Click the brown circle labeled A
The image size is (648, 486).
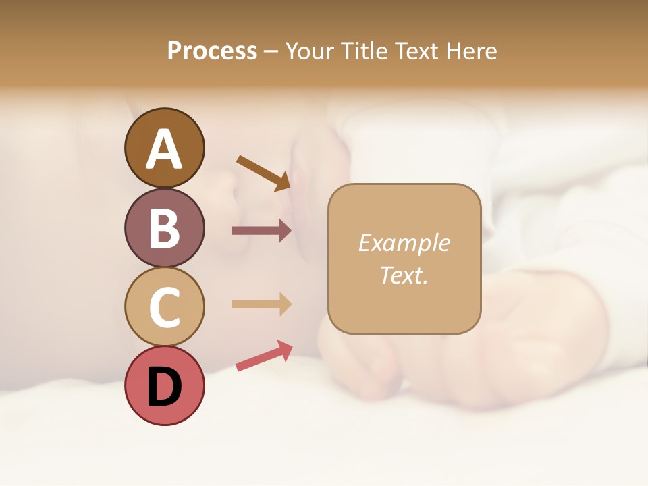tap(164, 148)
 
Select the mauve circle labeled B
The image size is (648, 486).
tap(164, 227)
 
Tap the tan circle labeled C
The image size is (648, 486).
tap(164, 306)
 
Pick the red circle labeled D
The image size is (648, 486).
tap(164, 386)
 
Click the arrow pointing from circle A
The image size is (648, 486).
tap(263, 172)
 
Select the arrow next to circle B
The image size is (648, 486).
tap(261, 231)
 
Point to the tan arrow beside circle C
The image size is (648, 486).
tap(261, 304)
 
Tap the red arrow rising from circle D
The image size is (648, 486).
tap(263, 356)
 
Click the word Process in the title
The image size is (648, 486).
tap(212, 51)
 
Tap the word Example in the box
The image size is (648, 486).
tap(404, 243)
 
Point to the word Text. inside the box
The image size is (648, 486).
tap(404, 275)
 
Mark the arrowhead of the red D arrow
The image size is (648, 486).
tap(284, 349)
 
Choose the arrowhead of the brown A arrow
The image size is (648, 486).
tap(283, 182)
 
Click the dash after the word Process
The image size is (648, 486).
tap(270, 52)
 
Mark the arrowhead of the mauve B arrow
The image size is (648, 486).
tap(284, 231)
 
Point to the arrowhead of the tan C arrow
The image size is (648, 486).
tap(284, 304)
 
